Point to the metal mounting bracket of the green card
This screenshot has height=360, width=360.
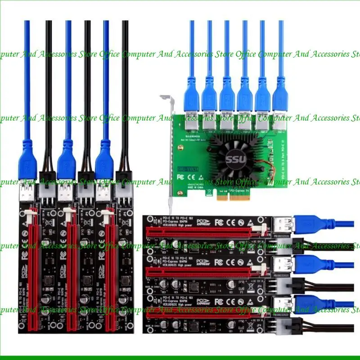(x=169, y=148)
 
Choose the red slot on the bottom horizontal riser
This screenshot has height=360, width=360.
(x=202, y=310)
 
